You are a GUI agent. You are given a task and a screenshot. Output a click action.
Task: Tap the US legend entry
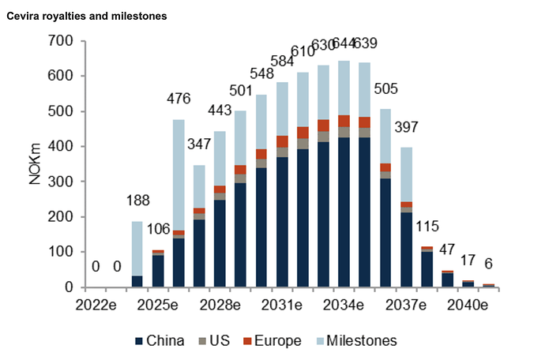point(218,341)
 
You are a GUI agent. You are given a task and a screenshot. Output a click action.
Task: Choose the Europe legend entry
point(272,341)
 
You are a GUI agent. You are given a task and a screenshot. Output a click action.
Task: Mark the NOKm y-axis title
point(36,164)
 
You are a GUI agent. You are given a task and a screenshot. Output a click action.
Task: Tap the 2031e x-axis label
point(282,305)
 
